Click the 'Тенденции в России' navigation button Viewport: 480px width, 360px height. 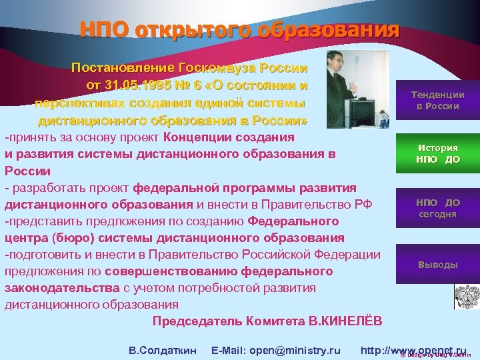(437, 100)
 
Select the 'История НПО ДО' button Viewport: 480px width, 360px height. (437, 153)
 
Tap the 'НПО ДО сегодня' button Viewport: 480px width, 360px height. (437, 208)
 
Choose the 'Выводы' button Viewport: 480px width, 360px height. (437, 265)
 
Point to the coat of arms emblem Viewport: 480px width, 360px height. (467, 296)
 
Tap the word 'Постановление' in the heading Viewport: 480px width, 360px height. (122, 69)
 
